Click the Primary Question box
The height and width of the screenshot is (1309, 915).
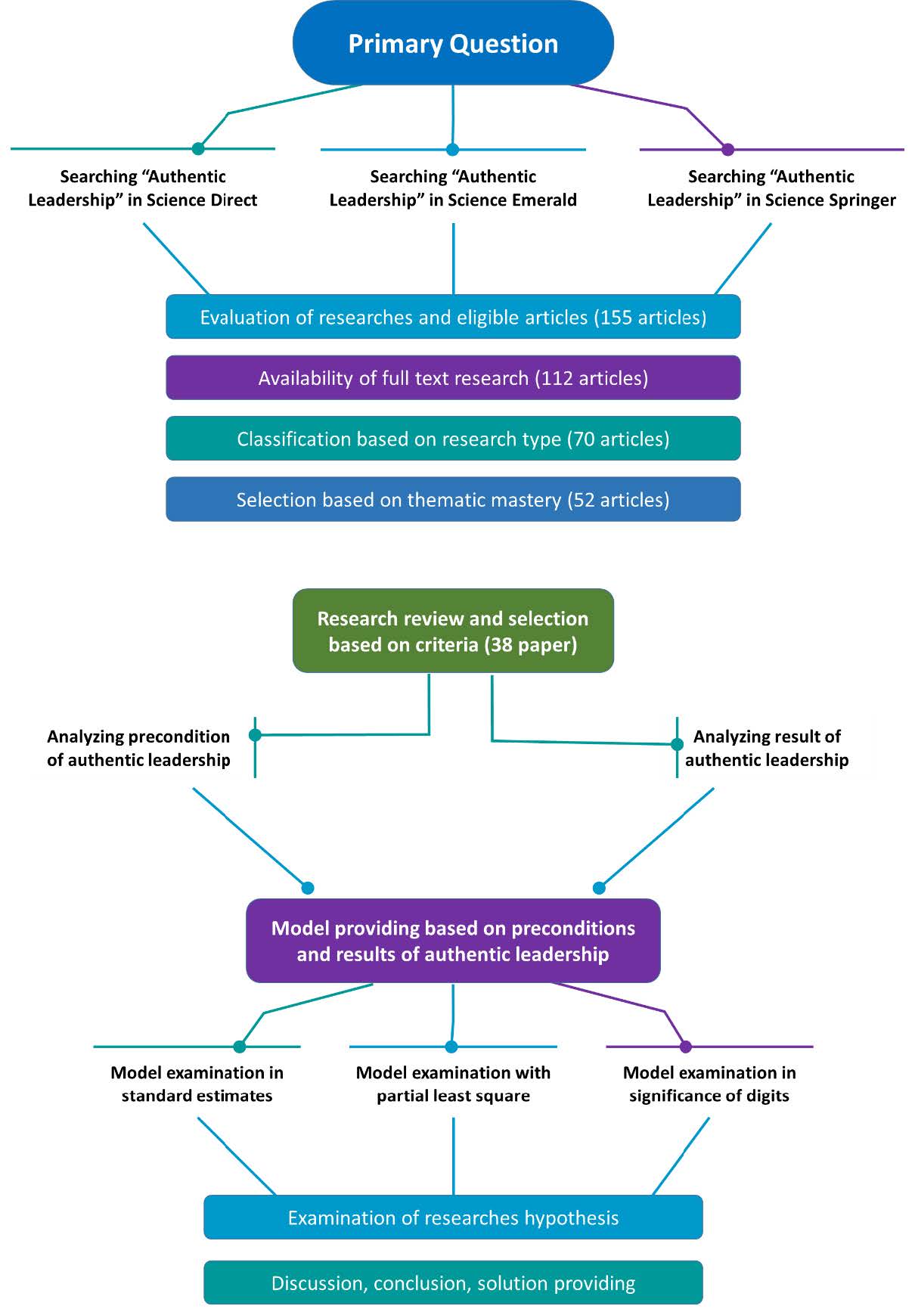[453, 43]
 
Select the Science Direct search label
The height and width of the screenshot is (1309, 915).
[143, 188]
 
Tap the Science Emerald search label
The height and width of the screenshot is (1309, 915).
[453, 188]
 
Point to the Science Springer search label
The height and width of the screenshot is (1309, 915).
[771, 188]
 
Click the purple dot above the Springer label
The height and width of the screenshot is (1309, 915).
[728, 150]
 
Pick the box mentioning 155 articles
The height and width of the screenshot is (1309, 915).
[453, 317]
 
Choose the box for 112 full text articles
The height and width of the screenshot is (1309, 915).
[453, 378]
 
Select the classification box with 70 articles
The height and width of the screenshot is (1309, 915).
[453, 439]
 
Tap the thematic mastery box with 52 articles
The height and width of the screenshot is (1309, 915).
[453, 499]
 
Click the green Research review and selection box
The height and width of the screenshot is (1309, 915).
[453, 631]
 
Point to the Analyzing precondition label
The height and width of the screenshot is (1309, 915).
[138, 748]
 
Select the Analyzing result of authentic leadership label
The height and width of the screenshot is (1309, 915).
[767, 748]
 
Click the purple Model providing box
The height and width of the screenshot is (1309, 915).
[453, 941]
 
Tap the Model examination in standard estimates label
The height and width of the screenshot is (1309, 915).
[197, 1084]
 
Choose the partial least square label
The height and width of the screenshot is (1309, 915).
[453, 1084]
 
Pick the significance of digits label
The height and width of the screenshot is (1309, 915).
[709, 1084]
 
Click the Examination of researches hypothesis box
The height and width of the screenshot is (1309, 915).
[453, 1217]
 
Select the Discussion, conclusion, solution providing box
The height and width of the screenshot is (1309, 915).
[453, 1283]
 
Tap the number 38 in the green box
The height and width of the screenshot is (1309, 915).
[501, 645]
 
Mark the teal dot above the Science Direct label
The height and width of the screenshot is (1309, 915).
[198, 149]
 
